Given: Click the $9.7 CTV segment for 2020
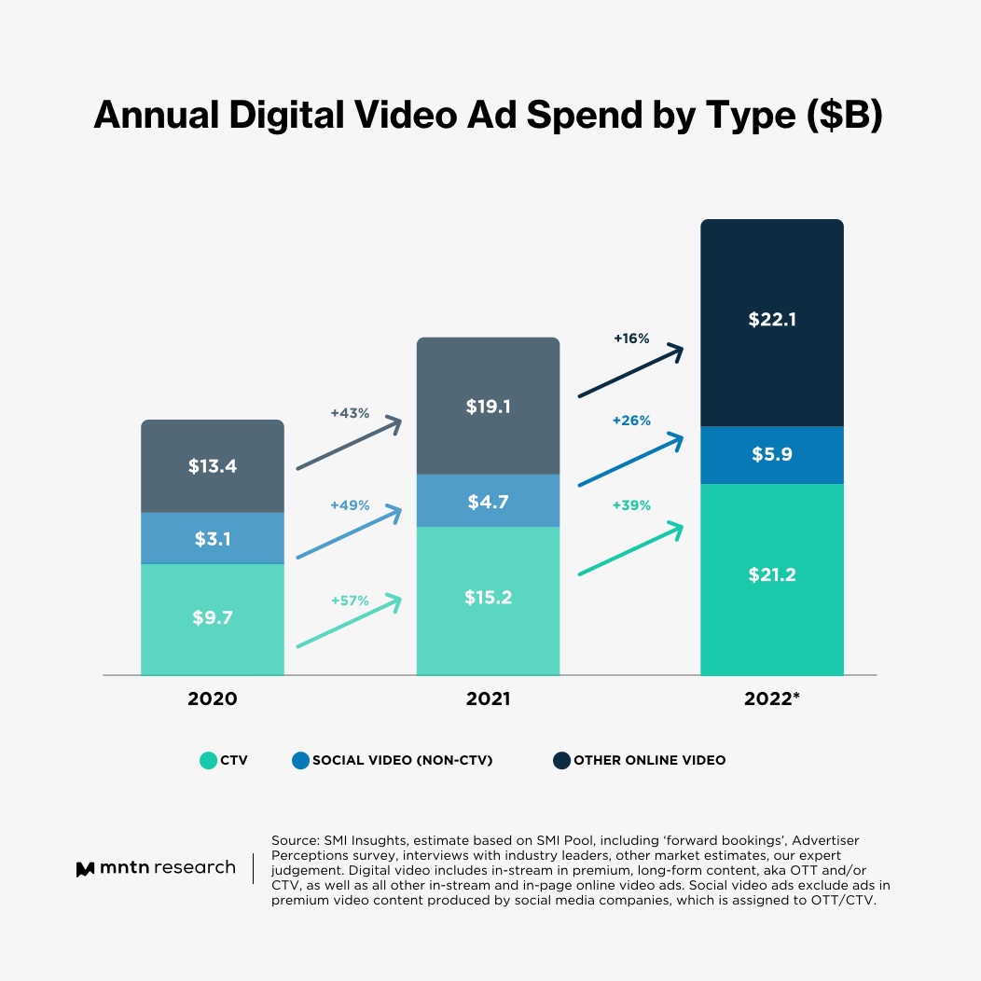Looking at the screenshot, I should click(x=213, y=618).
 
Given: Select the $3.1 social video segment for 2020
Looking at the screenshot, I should click(x=213, y=538).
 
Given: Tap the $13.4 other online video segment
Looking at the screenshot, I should click(x=213, y=466).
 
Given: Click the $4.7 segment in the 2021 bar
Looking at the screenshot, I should click(x=488, y=501).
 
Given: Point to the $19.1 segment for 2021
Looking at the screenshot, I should click(x=488, y=407).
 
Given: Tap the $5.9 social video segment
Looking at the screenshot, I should click(x=772, y=455).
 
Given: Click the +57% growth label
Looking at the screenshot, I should click(x=350, y=601).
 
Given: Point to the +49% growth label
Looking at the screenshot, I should click(x=350, y=505).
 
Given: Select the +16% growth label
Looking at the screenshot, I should click(x=631, y=339).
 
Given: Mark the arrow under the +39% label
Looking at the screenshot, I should click(x=631, y=550).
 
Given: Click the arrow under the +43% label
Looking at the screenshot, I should click(x=348, y=444).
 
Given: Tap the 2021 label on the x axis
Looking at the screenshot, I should click(x=488, y=698).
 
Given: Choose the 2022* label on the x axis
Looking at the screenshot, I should click(x=772, y=698).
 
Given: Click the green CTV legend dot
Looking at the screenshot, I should click(x=208, y=760).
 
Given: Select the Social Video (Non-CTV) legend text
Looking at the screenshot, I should click(x=402, y=760).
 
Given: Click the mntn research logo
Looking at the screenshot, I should click(x=156, y=868).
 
